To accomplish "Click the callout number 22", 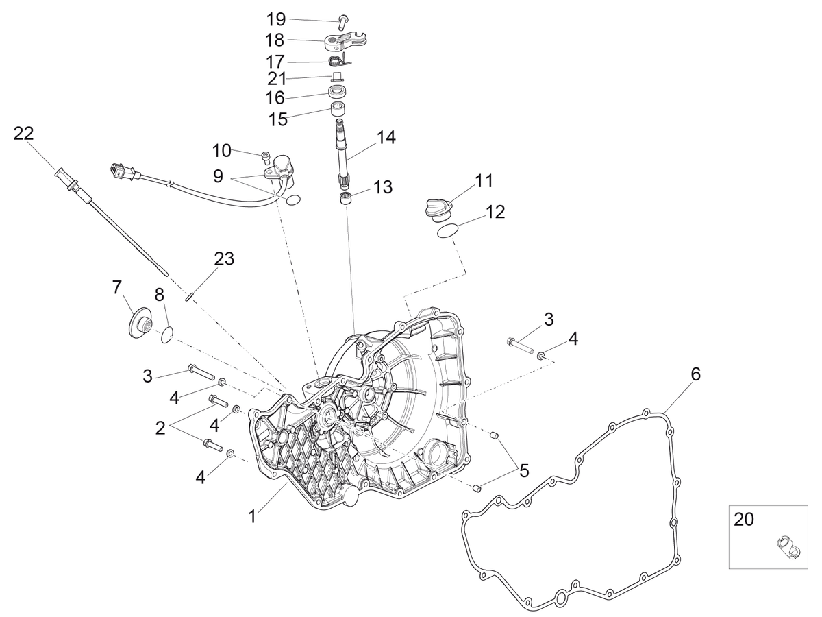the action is coord(23,134).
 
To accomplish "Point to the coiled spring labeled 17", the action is coord(340,60).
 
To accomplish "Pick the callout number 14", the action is coord(386,137).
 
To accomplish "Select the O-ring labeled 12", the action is coord(447,231).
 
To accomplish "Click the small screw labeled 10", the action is coord(265,158).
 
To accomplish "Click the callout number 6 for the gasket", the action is coord(695,374).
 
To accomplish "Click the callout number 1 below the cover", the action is coord(252,517).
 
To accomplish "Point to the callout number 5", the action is coord(524,471).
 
